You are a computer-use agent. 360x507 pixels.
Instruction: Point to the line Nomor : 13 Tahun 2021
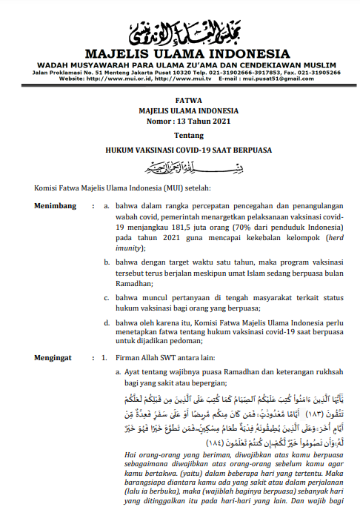180,120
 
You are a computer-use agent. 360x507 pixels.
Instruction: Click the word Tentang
180,136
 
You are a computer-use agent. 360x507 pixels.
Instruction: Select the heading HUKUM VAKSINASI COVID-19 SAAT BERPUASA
180,150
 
